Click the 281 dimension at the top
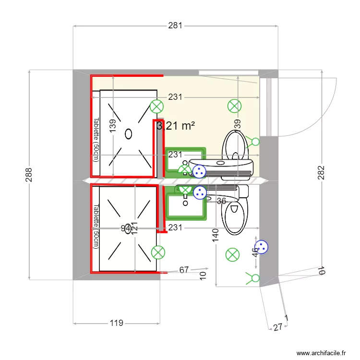[175, 26]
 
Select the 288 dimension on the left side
[29, 175]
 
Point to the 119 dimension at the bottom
[116, 323]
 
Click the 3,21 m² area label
[176, 126]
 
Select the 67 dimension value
[184, 270]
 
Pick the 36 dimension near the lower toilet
[221, 201]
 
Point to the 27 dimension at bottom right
[277, 327]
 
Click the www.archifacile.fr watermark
[321, 353]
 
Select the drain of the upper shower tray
[128, 134]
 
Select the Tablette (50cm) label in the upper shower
[96, 140]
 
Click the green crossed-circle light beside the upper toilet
[234, 106]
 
